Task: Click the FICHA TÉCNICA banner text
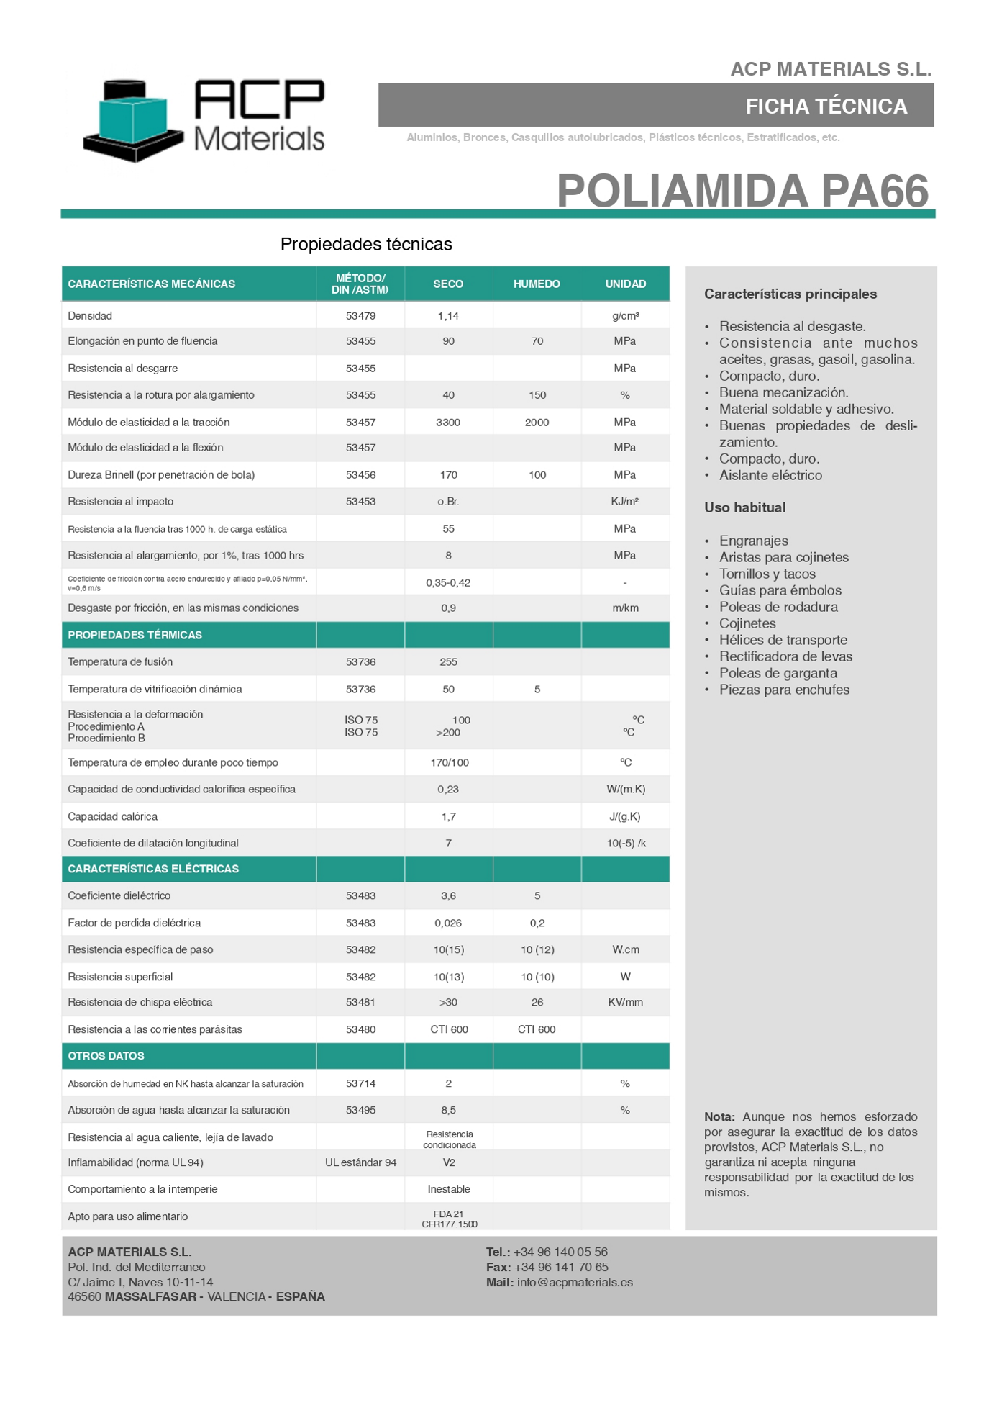(x=826, y=107)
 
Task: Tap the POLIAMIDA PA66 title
(x=742, y=191)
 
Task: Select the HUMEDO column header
(x=537, y=284)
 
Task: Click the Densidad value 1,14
(x=448, y=316)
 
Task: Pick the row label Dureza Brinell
(x=161, y=475)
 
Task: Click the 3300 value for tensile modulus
(x=448, y=423)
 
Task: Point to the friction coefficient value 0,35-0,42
(x=448, y=583)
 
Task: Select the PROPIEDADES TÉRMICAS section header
(x=135, y=635)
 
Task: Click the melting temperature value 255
(x=448, y=662)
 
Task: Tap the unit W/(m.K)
(x=626, y=790)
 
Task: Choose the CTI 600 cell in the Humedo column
(x=537, y=1030)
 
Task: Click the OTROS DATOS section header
(x=106, y=1056)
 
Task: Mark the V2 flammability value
(x=449, y=1163)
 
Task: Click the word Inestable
(x=449, y=1190)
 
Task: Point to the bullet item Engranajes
(x=754, y=541)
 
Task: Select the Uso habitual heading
(x=744, y=508)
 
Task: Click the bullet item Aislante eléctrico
(x=770, y=476)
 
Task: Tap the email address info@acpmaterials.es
(x=575, y=1283)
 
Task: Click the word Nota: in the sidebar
(x=719, y=1117)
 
